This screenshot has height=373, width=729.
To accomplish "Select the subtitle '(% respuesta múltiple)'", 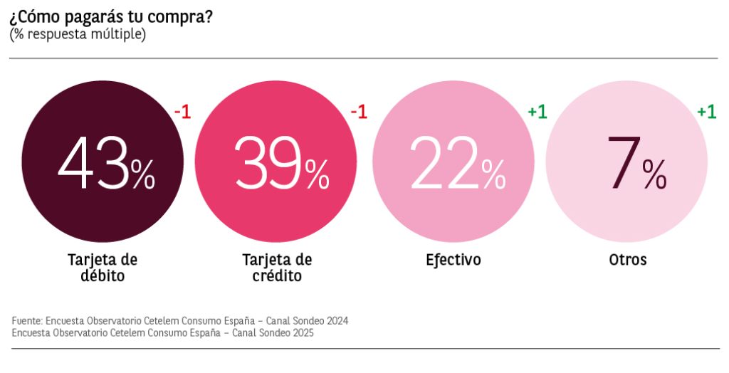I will (x=78, y=34).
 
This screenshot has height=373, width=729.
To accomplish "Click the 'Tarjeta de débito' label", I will (x=103, y=267).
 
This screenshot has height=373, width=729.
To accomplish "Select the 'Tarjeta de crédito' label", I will (x=277, y=267).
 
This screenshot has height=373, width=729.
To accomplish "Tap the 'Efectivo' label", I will (x=453, y=260).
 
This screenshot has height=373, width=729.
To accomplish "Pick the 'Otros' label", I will (x=628, y=260).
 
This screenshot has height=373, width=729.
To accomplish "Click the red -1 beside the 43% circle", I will (x=183, y=112).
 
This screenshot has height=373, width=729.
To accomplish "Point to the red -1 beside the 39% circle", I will (x=359, y=112).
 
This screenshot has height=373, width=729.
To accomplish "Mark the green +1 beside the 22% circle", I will (x=537, y=112).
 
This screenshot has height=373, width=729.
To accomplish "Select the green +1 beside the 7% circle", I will (x=706, y=112).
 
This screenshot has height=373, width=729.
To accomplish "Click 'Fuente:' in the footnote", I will (x=27, y=321).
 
